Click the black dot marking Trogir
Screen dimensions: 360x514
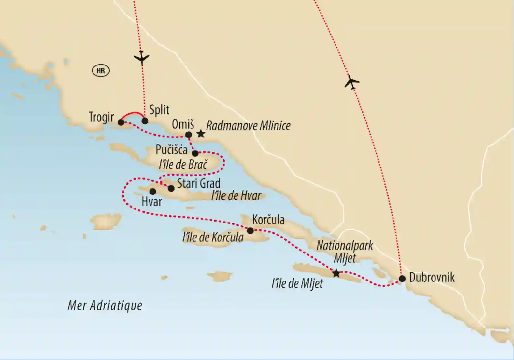121,122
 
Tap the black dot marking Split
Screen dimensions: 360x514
145,121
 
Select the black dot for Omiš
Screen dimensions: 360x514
188,135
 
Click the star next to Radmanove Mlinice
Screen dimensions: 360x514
201,134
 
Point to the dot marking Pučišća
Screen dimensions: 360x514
195,153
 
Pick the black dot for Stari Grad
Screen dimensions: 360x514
171,188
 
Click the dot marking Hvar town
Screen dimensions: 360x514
152,191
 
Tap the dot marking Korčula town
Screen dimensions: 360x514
250,231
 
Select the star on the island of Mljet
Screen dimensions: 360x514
336,273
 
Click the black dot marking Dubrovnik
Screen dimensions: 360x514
402,279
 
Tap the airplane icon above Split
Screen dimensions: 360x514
141,59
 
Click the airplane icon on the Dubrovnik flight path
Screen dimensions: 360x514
351,82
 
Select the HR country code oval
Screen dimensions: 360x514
101,71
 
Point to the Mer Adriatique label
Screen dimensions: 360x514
105,306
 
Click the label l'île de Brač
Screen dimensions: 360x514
183,165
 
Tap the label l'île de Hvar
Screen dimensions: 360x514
236,196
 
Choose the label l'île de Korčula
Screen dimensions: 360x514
213,237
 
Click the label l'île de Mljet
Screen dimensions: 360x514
297,283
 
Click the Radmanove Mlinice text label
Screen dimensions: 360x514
248,126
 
